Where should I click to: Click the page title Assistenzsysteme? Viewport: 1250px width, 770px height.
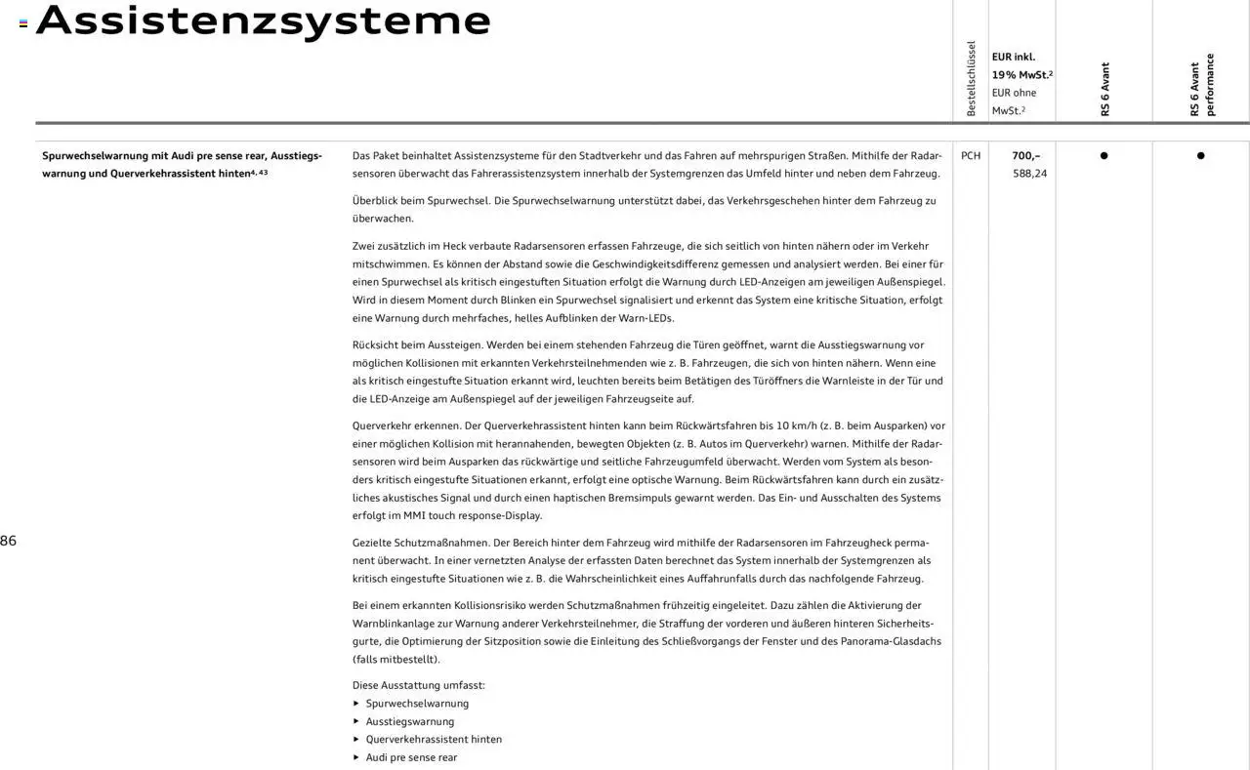coord(263,21)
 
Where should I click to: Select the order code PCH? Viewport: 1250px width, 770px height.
coord(971,155)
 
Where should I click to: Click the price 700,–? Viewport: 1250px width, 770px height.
coord(1025,155)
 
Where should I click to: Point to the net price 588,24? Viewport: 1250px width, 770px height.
coord(1029,174)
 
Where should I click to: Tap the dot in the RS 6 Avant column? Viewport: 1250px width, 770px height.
coord(1104,155)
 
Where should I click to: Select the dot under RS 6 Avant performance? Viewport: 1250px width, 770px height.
coord(1200,155)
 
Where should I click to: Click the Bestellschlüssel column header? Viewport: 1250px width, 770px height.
coord(971,79)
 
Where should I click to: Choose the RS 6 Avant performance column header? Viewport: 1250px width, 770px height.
coord(1201,86)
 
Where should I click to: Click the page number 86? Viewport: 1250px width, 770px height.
coord(8,541)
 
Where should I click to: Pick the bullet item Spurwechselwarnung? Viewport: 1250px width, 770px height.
coord(417,704)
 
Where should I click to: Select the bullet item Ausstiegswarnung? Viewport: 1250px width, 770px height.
coord(409,722)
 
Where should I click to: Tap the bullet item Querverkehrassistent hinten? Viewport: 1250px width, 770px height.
coord(434,740)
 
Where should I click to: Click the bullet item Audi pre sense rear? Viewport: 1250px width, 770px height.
coord(411,758)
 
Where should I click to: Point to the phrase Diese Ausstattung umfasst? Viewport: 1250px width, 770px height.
coord(418,685)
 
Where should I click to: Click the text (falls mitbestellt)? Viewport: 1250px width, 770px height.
coord(396,660)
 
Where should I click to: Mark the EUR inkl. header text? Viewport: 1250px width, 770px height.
coord(1013,57)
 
